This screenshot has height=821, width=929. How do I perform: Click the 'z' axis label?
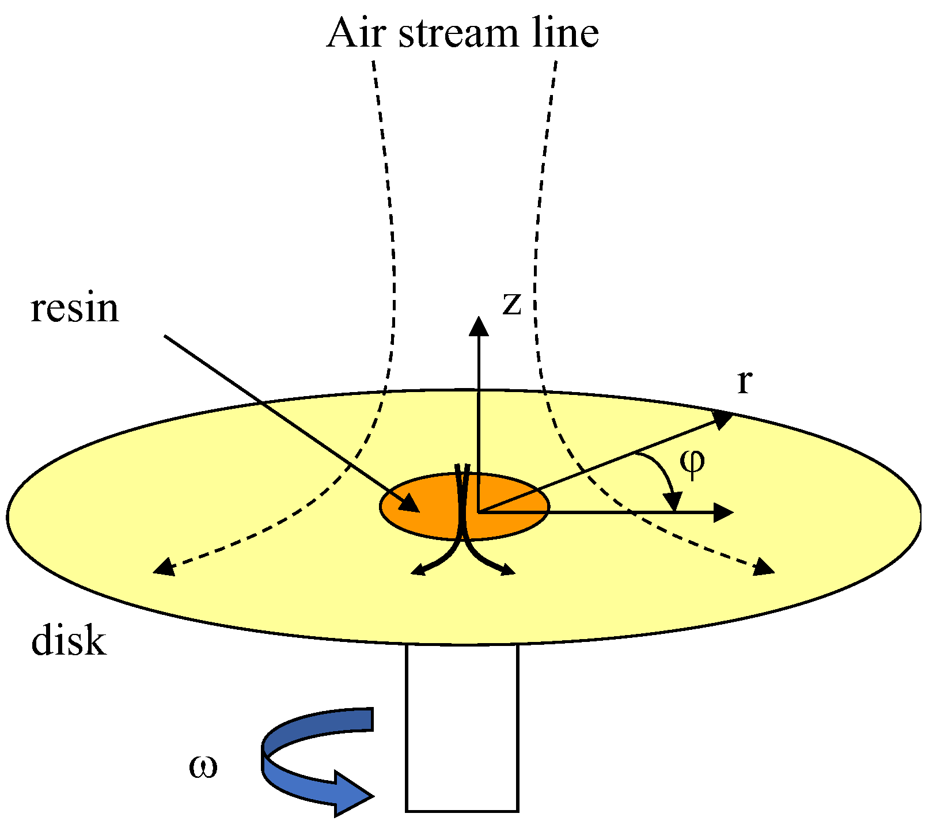(x=511, y=303)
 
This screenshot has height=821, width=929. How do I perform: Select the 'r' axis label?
(x=744, y=382)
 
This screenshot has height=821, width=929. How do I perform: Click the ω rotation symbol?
(x=203, y=767)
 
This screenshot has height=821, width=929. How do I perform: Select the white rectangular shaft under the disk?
(x=462, y=728)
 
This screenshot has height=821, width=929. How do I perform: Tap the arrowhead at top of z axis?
(x=479, y=326)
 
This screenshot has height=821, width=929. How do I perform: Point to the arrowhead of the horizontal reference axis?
(x=723, y=512)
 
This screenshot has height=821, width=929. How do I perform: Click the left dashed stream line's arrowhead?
(x=164, y=568)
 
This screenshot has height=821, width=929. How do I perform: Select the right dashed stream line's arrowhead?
(x=764, y=568)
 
